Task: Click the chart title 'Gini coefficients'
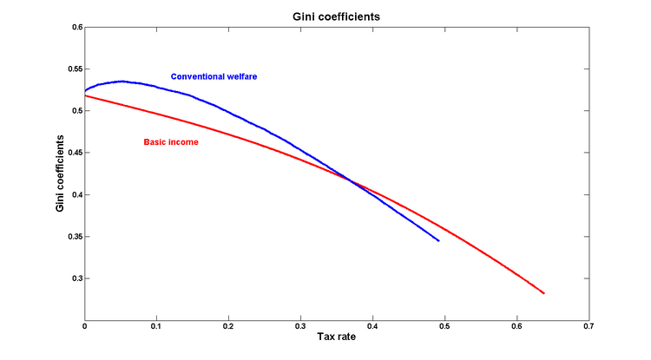pyautogui.click(x=337, y=16)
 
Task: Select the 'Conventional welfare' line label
pyautogui.click(x=214, y=76)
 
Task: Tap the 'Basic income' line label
pyautogui.click(x=171, y=141)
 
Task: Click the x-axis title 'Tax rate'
pyautogui.click(x=337, y=338)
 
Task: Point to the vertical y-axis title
pyautogui.click(x=60, y=173)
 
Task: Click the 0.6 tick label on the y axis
pyautogui.click(x=75, y=28)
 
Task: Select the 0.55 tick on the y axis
pyautogui.click(x=73, y=69)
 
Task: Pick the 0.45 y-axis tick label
pyautogui.click(x=73, y=153)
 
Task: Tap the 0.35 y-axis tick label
pyautogui.click(x=73, y=237)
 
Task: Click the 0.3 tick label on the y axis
pyautogui.click(x=75, y=278)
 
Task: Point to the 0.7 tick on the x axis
pyautogui.click(x=589, y=327)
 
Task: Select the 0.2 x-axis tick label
pyautogui.click(x=228, y=327)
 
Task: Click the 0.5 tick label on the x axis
pyautogui.click(x=444, y=327)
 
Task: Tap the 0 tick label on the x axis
pyautogui.click(x=85, y=327)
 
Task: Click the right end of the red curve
pyautogui.click(x=543, y=293)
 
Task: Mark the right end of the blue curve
pyautogui.click(x=438, y=240)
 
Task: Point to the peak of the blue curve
pyautogui.click(x=121, y=81)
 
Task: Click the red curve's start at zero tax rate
pyautogui.click(x=85, y=95)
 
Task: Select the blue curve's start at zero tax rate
pyautogui.click(x=85, y=89)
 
